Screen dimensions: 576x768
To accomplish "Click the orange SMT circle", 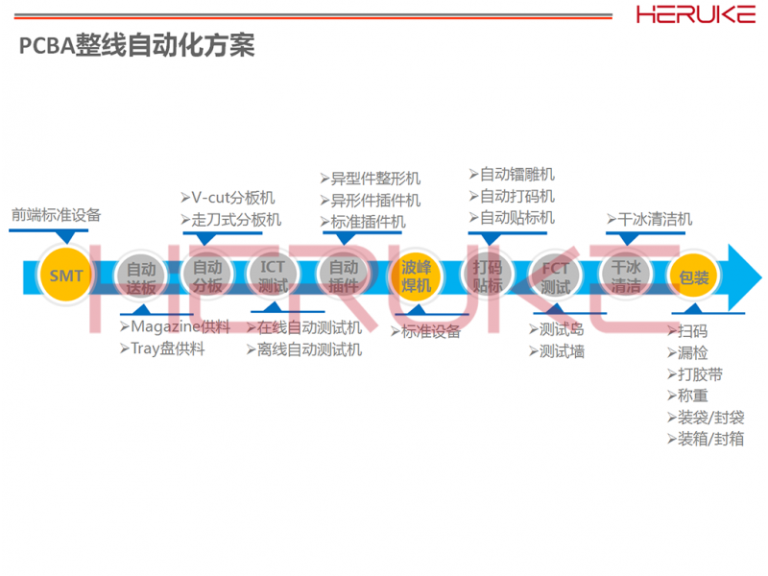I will (67, 277).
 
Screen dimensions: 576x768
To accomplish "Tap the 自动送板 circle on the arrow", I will (141, 277).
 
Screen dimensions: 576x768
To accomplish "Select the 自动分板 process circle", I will (207, 276).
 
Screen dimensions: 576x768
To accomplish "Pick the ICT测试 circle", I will (274, 276).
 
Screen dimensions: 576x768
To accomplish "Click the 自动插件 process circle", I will (344, 276).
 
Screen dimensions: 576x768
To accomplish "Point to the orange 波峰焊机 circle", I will (416, 276).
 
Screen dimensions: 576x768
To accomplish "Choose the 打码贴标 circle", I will (488, 276).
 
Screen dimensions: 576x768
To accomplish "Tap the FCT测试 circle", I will (556, 276).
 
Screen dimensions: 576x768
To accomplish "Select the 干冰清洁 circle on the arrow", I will (626, 276).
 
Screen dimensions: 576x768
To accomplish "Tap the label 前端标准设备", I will (56, 215).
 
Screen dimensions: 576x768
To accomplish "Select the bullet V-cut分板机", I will (229, 198).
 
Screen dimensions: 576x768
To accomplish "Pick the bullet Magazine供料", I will (175, 327).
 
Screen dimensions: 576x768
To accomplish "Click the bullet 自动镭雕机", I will (511, 175).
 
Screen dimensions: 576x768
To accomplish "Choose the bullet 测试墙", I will (556, 351).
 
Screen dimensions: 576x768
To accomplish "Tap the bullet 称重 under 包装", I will (686, 396).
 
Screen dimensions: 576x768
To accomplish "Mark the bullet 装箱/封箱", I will (705, 439).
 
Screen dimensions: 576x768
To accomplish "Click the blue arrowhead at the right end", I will (744, 276).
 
